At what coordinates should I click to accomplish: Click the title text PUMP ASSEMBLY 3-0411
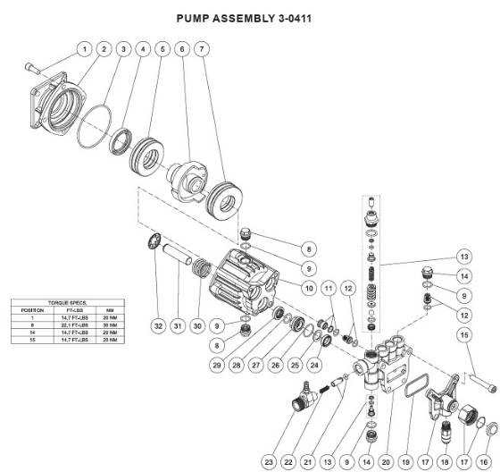(250, 18)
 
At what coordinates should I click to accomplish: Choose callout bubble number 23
(269, 461)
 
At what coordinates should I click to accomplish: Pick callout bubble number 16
(483, 461)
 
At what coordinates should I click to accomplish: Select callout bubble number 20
(386, 461)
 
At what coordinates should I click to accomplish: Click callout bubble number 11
(328, 289)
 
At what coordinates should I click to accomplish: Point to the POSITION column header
(26, 310)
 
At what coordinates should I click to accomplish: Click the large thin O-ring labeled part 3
(93, 125)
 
